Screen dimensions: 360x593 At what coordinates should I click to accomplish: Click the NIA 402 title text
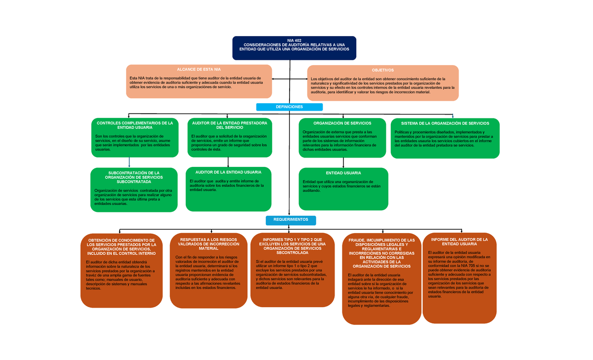click(294, 40)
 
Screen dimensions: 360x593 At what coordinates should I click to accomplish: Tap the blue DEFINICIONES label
click(289, 107)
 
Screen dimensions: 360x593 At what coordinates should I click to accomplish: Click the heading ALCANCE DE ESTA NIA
click(199, 70)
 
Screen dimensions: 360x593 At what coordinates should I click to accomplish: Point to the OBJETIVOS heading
click(383, 70)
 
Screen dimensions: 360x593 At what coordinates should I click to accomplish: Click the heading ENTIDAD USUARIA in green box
click(343, 173)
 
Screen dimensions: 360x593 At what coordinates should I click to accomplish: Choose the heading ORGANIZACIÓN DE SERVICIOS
click(342, 123)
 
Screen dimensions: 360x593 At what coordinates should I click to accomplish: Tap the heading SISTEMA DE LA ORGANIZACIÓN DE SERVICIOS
click(445, 123)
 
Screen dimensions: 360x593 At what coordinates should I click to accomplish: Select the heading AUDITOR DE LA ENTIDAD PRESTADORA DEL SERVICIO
click(229, 125)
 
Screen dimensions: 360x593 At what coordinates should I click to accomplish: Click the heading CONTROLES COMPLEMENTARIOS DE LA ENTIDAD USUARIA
click(134, 125)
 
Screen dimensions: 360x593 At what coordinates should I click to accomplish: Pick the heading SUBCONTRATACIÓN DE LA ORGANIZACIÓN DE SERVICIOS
click(134, 177)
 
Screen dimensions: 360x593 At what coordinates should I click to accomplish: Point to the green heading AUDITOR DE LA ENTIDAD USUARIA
click(228, 172)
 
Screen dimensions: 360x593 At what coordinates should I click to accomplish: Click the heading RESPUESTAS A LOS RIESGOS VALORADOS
click(208, 244)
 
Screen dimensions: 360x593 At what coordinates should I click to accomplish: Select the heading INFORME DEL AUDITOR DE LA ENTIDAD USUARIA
click(459, 241)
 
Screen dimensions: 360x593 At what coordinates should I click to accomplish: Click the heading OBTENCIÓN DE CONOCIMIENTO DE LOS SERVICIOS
click(121, 246)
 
